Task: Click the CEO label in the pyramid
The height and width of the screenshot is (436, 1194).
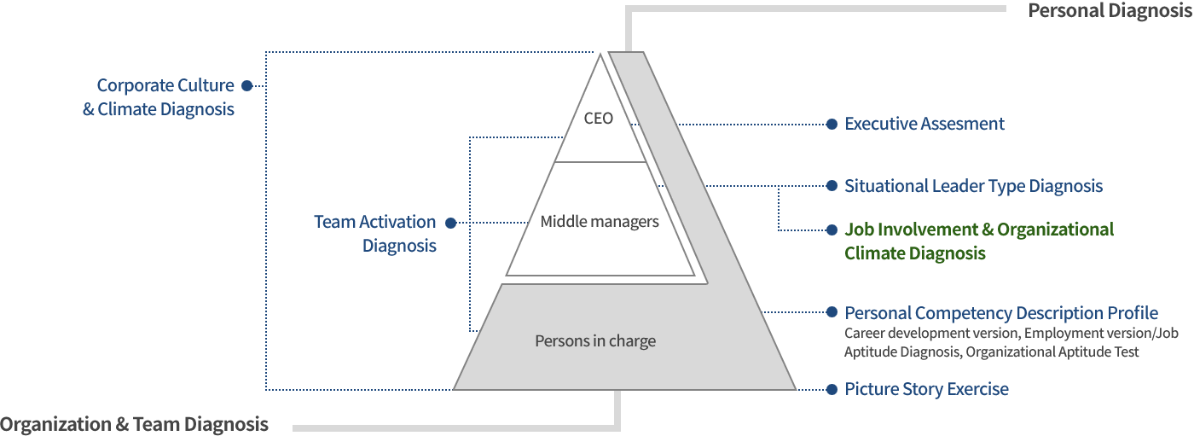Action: pos(598,118)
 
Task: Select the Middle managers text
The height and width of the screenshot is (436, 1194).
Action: pos(600,221)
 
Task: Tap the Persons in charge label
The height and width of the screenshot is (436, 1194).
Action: pos(595,340)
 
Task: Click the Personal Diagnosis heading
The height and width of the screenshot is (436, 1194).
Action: pos(1110,10)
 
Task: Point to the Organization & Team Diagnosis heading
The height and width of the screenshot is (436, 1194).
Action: pos(135,424)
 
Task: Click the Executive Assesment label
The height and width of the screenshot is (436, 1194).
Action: pos(924,124)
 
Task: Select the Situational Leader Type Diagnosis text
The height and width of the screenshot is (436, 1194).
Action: pos(973,186)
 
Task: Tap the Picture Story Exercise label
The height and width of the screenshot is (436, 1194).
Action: pos(926,389)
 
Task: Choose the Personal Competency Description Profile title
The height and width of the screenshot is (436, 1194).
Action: pos(1001,313)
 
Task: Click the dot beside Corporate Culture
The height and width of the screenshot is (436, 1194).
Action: pos(246,86)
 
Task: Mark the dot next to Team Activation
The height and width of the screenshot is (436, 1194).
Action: pos(451,223)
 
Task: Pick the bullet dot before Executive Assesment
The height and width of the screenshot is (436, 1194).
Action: pos(832,125)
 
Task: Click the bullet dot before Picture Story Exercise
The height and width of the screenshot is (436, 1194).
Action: pos(832,390)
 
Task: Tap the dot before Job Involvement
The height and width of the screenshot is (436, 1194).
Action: pos(832,230)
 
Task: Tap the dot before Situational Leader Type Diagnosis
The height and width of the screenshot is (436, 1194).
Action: pos(832,186)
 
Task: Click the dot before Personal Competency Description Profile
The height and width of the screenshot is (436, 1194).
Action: pos(832,312)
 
